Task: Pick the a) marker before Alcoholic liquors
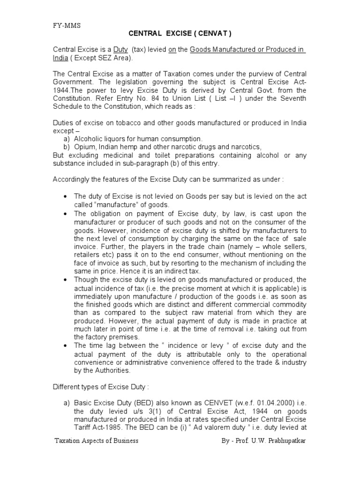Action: (x=66, y=139)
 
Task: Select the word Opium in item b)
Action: (x=84, y=147)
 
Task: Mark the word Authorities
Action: (x=110, y=370)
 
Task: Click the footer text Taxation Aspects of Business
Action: (x=96, y=442)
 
